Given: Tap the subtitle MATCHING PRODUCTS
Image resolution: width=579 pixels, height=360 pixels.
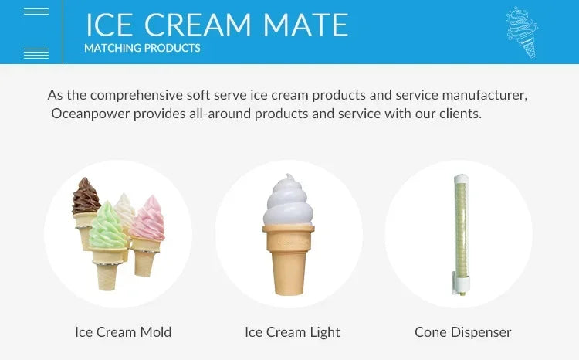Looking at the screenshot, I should click(x=142, y=48).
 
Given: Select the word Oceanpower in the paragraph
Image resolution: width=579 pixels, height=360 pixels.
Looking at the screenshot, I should click(x=88, y=114).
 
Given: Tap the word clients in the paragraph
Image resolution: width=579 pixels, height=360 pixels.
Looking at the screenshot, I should click(x=459, y=114).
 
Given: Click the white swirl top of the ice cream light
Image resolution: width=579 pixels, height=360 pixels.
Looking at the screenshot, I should click(x=289, y=202).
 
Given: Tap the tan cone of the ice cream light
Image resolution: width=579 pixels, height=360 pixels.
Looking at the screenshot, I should click(x=289, y=259).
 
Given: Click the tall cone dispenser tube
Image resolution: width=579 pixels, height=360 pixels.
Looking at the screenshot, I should click(x=457, y=224).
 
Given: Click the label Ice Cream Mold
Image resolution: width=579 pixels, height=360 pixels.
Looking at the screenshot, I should click(x=123, y=332).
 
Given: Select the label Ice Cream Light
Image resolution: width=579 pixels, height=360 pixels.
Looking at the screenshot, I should click(x=292, y=332).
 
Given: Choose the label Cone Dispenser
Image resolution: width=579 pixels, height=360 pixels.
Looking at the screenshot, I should click(x=462, y=332).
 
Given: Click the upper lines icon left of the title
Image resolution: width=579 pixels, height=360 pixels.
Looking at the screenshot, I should click(x=36, y=12).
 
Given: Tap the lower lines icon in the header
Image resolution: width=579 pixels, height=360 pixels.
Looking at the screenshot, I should click(x=36, y=53).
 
